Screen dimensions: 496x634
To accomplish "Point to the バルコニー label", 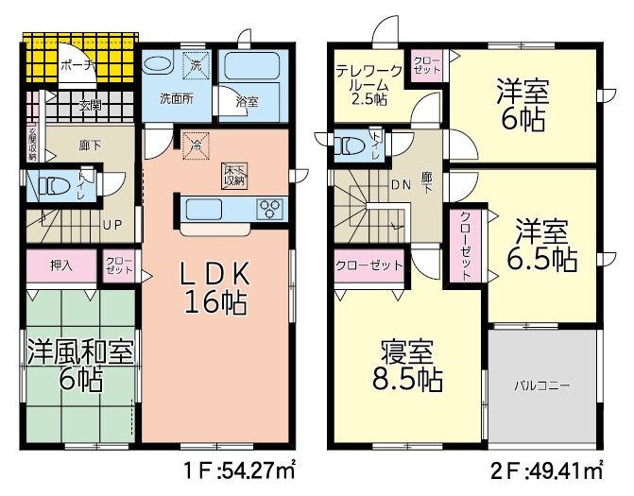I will [x=542, y=385].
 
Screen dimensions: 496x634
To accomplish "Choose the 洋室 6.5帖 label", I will [x=541, y=245].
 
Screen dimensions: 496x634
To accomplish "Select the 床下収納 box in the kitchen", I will [x=234, y=175].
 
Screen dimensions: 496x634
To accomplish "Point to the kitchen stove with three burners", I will [x=269, y=208].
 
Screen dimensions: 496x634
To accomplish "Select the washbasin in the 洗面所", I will [x=159, y=66].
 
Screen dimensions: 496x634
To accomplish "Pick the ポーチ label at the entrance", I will [x=74, y=65].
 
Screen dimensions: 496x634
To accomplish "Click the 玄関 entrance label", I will [x=91, y=105].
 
